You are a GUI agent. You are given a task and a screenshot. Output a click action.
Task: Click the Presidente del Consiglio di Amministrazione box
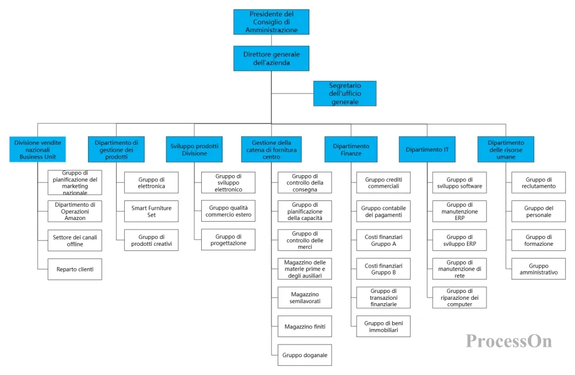pos(271,22)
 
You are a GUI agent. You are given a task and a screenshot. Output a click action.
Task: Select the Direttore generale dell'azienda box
pos(271,58)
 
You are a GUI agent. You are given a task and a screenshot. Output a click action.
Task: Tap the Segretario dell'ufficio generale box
pos(344,94)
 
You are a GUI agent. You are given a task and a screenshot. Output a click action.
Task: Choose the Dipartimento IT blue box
pos(427,149)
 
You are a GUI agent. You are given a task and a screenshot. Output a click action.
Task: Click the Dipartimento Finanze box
pos(351,149)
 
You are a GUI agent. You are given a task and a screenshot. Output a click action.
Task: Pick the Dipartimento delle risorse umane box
pos(505,149)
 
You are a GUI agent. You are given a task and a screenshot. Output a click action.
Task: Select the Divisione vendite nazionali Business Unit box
pos(37,149)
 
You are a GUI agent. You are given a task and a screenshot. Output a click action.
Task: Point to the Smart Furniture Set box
pos(151,211)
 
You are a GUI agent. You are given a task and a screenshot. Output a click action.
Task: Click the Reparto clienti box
pos(75,269)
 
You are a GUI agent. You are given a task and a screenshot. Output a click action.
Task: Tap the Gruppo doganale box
pos(305,355)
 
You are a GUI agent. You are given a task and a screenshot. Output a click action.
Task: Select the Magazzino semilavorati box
pos(305,297)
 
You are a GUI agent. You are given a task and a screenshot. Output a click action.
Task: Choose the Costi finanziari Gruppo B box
pos(384,269)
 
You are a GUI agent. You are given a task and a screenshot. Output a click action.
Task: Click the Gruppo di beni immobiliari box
pos(384,326)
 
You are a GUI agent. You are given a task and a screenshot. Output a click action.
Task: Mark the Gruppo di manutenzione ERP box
pos(459,211)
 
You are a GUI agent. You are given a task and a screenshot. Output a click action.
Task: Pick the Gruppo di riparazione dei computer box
pos(459,297)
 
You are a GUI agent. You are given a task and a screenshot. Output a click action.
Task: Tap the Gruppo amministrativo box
pos(539,269)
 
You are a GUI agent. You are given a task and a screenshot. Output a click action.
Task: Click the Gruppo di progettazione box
pos(228,240)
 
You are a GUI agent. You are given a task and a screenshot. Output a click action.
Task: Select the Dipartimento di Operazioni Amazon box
pos(75,211)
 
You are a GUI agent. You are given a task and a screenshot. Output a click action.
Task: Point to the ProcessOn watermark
pos(509,341)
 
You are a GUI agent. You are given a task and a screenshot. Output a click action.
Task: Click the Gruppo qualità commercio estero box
pos(228,211)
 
